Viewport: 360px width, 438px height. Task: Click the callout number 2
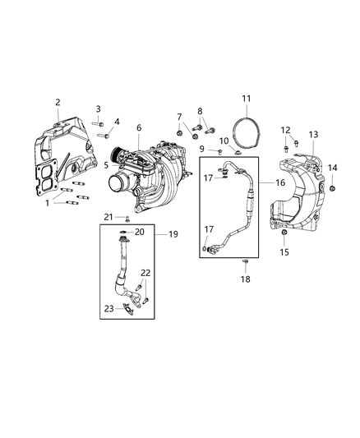point(58,102)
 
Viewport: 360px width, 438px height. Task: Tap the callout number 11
point(246,99)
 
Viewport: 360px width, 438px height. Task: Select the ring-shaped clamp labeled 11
point(245,135)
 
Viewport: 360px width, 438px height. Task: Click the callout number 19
point(173,234)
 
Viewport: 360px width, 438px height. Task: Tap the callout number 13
point(313,135)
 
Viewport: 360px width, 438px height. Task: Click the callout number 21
point(107,217)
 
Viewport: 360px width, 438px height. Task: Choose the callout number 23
point(108,310)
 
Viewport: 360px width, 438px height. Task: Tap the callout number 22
point(145,273)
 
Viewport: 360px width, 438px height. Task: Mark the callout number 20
point(140,233)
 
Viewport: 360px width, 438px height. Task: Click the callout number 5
point(106,164)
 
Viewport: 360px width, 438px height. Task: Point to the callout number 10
point(224,141)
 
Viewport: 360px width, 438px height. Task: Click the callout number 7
point(179,117)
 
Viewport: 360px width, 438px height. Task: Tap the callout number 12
point(286,130)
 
